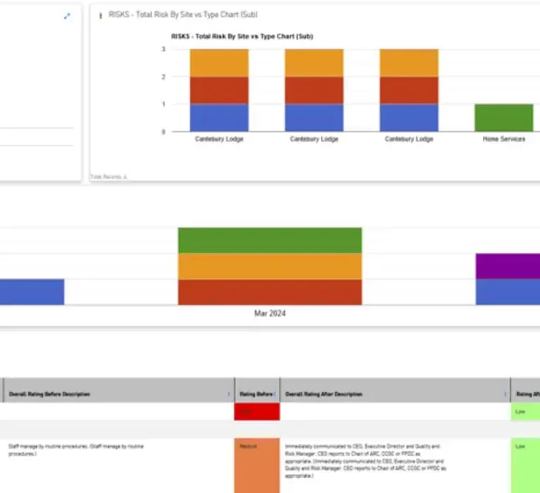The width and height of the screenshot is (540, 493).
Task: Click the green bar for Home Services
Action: coord(503,117)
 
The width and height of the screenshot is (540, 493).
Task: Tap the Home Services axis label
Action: coord(503,139)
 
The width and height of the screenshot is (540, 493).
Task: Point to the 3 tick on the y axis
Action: coord(163,49)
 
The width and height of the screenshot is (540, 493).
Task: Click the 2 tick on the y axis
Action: coord(163,76)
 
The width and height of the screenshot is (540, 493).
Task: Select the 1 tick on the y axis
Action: coord(163,104)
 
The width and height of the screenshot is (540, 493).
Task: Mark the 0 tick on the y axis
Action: coord(163,131)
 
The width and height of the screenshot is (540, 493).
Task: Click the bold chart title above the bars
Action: coord(241,36)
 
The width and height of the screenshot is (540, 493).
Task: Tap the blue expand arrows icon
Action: coord(67,16)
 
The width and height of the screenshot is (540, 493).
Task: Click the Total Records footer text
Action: coord(109,176)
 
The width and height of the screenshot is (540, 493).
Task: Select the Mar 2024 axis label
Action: coord(269,314)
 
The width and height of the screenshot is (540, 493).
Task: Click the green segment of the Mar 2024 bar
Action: coord(269,240)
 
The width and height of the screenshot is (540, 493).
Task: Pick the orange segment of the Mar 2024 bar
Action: coord(269,266)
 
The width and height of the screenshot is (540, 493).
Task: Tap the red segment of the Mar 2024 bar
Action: coord(269,292)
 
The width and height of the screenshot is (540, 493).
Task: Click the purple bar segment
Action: coord(508,266)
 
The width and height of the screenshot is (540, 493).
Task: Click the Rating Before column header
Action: coord(255,394)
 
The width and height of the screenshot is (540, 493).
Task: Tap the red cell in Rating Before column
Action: coord(256,412)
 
